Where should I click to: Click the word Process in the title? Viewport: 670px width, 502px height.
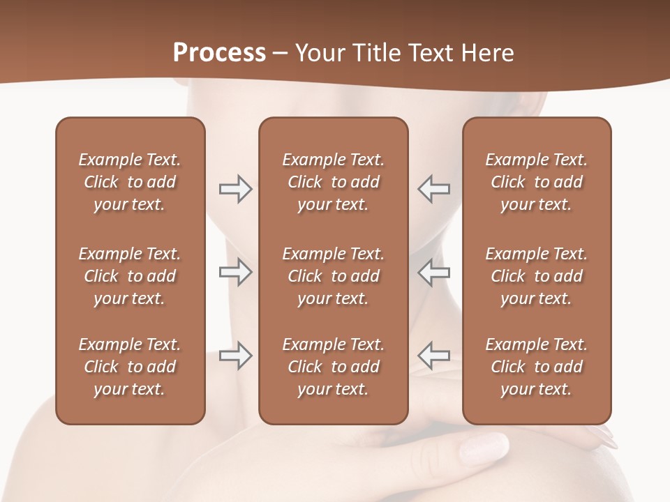219,53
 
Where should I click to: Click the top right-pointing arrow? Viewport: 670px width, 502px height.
236,189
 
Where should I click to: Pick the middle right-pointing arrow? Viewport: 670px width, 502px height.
236,272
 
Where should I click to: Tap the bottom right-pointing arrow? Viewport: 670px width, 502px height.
236,356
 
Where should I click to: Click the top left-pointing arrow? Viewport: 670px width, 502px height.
433,189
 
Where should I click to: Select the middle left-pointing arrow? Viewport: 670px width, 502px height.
433,272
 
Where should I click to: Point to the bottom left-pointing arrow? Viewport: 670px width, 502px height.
433,356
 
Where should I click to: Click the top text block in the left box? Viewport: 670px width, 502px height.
130,182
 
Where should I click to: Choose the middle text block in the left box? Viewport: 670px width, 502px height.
130,276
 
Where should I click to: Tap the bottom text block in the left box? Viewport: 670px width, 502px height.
130,367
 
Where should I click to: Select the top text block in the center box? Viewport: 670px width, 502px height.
333,182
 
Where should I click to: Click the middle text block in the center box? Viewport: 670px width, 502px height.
333,276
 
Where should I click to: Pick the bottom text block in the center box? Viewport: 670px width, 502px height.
333,367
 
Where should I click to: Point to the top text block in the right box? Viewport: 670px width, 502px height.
536,182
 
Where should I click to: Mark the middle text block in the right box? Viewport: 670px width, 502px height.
536,276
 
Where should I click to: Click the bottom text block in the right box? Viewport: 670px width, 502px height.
536,367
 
